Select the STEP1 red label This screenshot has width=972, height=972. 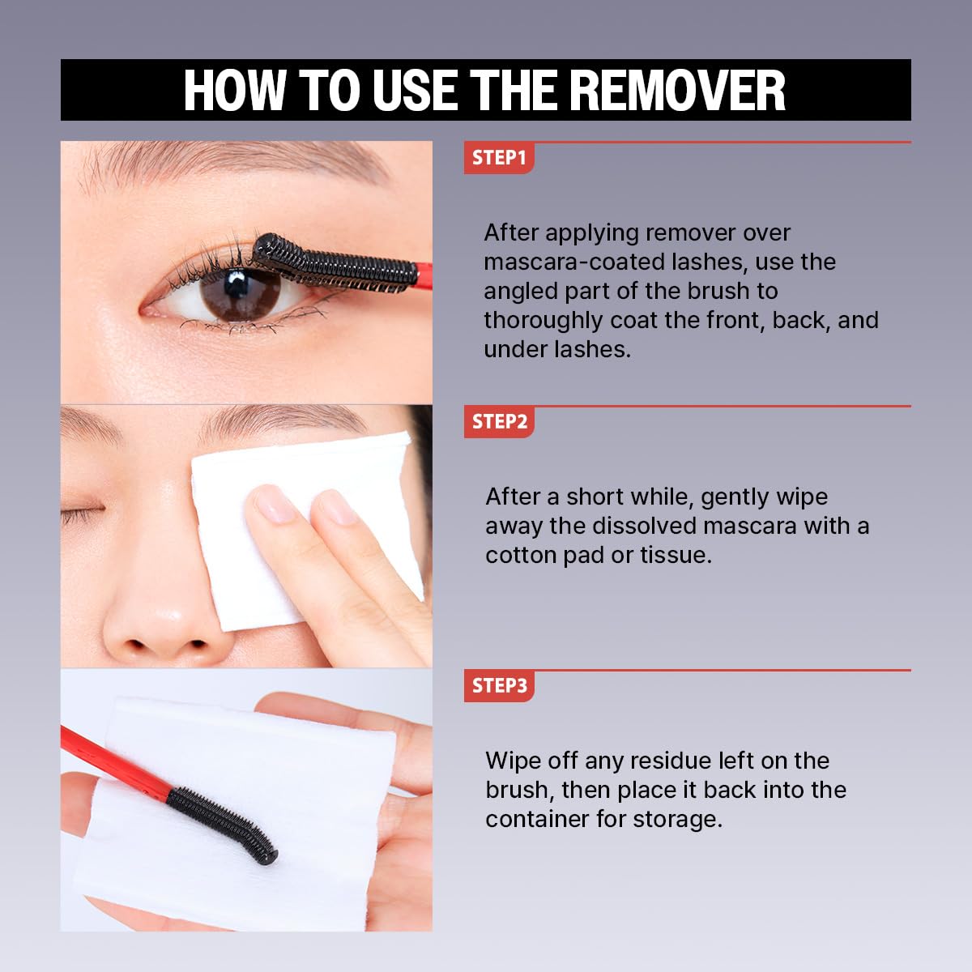tap(498, 158)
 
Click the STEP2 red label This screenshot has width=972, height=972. tap(498, 422)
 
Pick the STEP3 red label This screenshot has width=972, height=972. tap(498, 686)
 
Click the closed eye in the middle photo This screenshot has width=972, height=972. tap(81, 512)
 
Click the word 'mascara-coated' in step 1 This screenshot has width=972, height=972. tap(566, 262)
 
